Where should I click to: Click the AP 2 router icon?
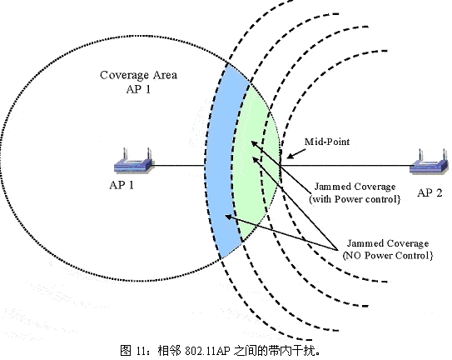pyautogui.click(x=430, y=162)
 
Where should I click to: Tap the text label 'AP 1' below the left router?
pyautogui.click(x=122, y=185)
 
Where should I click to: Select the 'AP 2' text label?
pyautogui.click(x=430, y=192)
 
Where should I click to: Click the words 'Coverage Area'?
pyautogui.click(x=139, y=75)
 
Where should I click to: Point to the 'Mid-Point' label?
pyautogui.click(x=327, y=142)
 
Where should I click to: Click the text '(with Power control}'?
pyautogui.click(x=355, y=199)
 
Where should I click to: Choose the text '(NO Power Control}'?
pyautogui.click(x=388, y=256)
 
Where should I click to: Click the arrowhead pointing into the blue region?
pyautogui.click(x=228, y=217)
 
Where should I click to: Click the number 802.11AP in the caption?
pyautogui.click(x=207, y=351)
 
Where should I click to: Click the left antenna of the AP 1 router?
pyautogui.click(x=125, y=154)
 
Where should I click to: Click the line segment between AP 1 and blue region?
pyautogui.click(x=179, y=166)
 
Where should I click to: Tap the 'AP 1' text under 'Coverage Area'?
pyautogui.click(x=139, y=89)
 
